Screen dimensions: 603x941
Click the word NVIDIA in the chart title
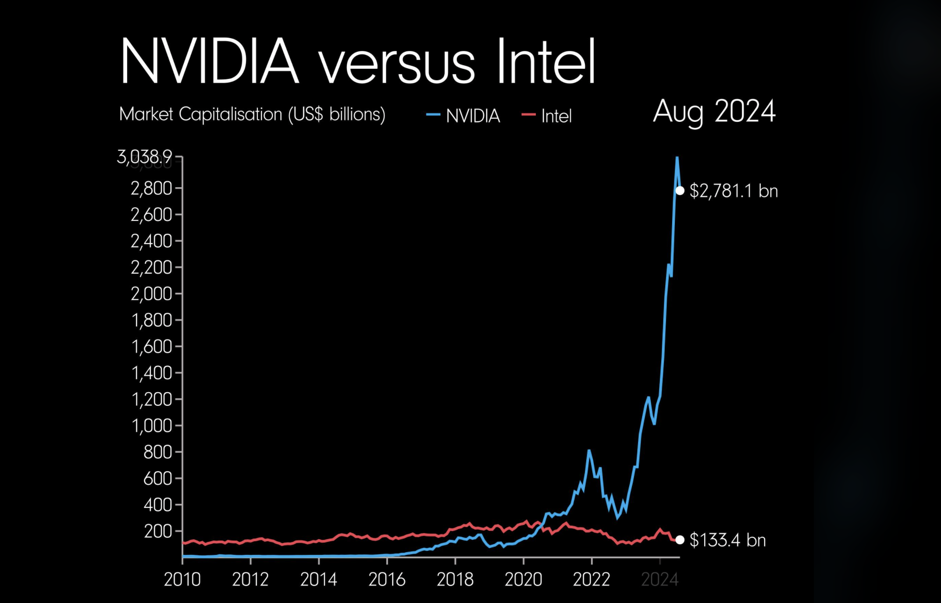pyautogui.click(x=210, y=61)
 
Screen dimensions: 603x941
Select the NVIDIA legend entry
pyautogui.click(x=464, y=116)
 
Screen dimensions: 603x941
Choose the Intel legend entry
pyautogui.click(x=547, y=116)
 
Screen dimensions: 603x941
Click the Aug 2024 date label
pyautogui.click(x=714, y=111)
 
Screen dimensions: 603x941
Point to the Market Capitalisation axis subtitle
pyautogui.click(x=252, y=114)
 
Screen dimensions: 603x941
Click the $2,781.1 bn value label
pyautogui.click(x=734, y=191)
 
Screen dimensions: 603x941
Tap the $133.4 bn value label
pyautogui.click(x=727, y=540)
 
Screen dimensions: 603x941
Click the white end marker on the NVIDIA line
pyautogui.click(x=680, y=191)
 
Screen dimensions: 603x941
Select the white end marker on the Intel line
pyautogui.click(x=680, y=540)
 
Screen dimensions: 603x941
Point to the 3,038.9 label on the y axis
pyautogui.click(x=144, y=157)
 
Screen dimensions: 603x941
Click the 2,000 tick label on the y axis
pyautogui.click(x=151, y=294)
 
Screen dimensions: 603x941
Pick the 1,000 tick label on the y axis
pyautogui.click(x=152, y=426)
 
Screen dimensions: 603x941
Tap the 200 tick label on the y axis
pyautogui.click(x=158, y=531)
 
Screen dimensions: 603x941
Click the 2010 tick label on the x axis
pyautogui.click(x=182, y=579)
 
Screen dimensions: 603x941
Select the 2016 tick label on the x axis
pyautogui.click(x=387, y=579)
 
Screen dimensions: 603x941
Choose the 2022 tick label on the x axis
pyautogui.click(x=592, y=579)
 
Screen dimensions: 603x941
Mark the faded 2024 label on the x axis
pyautogui.click(x=659, y=579)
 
